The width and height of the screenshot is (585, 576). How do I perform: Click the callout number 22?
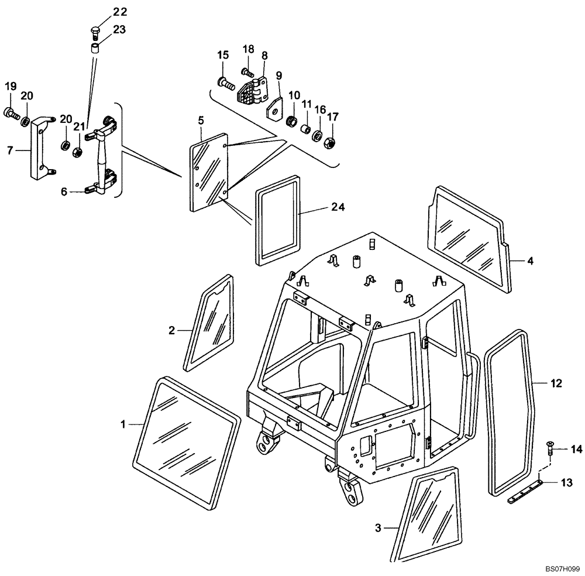[103, 12]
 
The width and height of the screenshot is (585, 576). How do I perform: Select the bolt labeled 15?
[227, 83]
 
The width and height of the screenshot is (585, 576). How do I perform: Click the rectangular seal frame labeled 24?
[278, 223]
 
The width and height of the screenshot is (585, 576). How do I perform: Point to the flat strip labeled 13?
[526, 491]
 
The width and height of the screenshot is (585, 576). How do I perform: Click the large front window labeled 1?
[186, 441]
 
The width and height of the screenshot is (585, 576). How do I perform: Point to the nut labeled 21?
[76, 153]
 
